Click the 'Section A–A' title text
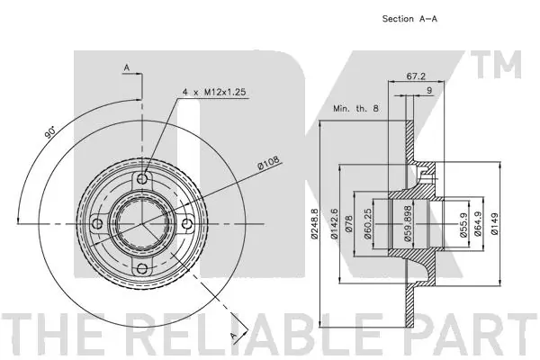pyautogui.click(x=409, y=19)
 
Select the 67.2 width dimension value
pyautogui.click(x=416, y=76)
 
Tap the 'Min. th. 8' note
pyautogui.click(x=355, y=108)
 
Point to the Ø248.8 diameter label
pyautogui.click(x=314, y=223)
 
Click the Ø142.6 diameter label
pyautogui.click(x=333, y=223)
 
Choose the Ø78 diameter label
pyautogui.click(x=349, y=223)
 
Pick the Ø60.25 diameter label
pyautogui.click(x=367, y=223)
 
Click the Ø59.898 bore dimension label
pyautogui.click(x=408, y=223)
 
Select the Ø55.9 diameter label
pyautogui.click(x=463, y=224)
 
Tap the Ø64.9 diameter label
pyautogui.click(x=478, y=224)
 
